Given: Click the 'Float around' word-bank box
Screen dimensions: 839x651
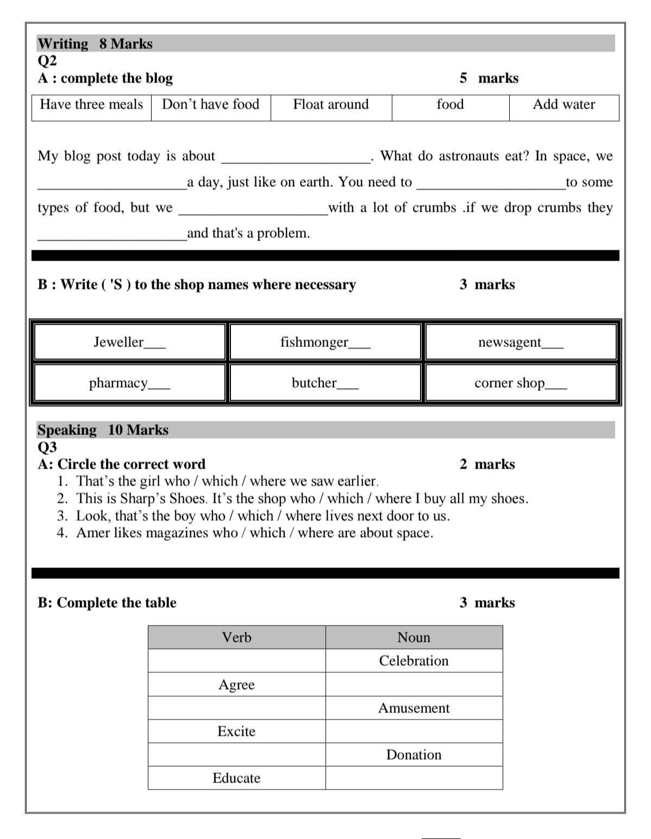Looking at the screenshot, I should (330, 104).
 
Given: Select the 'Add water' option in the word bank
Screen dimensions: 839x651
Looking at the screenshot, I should (564, 104).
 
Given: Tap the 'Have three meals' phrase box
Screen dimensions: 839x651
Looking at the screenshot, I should (91, 104).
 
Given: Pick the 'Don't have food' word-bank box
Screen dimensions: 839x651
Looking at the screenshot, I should (210, 104).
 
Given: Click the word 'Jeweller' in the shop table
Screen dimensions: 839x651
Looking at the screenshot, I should (118, 342).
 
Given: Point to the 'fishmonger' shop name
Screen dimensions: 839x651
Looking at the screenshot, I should (314, 342).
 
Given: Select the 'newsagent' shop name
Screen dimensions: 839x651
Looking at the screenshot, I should (509, 342).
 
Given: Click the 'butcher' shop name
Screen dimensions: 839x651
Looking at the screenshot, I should (314, 383).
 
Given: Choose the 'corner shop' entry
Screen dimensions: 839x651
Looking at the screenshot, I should (509, 383).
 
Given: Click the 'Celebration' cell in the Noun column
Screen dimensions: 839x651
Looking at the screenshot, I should (414, 661).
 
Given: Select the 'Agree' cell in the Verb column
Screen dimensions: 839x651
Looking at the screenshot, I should (236, 685).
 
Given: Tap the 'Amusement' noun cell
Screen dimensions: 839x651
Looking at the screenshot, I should (414, 708).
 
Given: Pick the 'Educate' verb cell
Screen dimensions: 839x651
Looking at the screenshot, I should (236, 778).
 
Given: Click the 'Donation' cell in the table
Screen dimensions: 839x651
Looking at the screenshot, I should (414, 755).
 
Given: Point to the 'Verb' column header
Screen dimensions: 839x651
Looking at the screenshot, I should (236, 638).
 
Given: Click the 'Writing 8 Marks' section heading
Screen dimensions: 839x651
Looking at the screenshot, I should (95, 43).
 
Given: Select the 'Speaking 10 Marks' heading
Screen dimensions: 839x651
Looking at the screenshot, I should (103, 430).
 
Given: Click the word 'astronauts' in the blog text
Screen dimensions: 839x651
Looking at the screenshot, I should (469, 156).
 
